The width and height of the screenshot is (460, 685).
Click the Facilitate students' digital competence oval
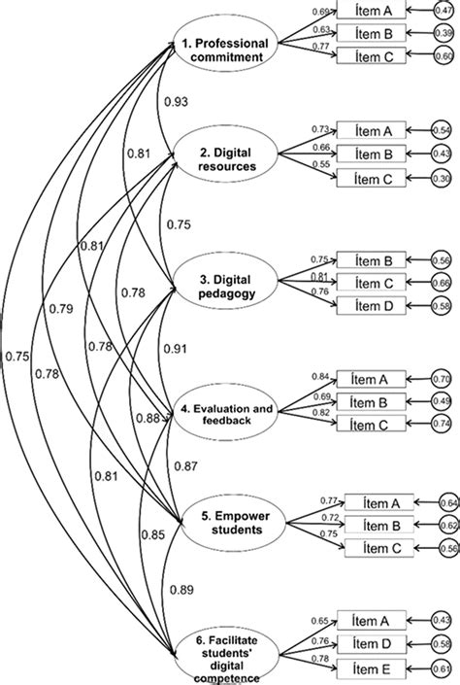pyautogui.click(x=225, y=650)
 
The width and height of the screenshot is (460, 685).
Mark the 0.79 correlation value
pyautogui.click(x=61, y=310)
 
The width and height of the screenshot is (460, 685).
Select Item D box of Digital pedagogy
pyautogui.click(x=370, y=307)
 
